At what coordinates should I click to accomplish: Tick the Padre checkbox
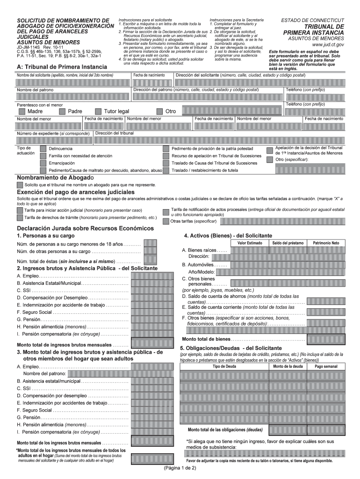63,111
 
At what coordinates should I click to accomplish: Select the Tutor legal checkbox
98,111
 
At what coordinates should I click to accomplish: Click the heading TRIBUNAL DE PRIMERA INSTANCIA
313,30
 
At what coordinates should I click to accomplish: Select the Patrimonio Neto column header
326,243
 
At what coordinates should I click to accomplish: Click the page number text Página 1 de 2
180,468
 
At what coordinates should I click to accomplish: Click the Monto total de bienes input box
325,339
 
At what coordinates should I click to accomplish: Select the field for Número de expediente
54,141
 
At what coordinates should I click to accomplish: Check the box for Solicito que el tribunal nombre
20,185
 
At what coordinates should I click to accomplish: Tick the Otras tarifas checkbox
166,221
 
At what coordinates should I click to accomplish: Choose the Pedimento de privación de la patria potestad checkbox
166,149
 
